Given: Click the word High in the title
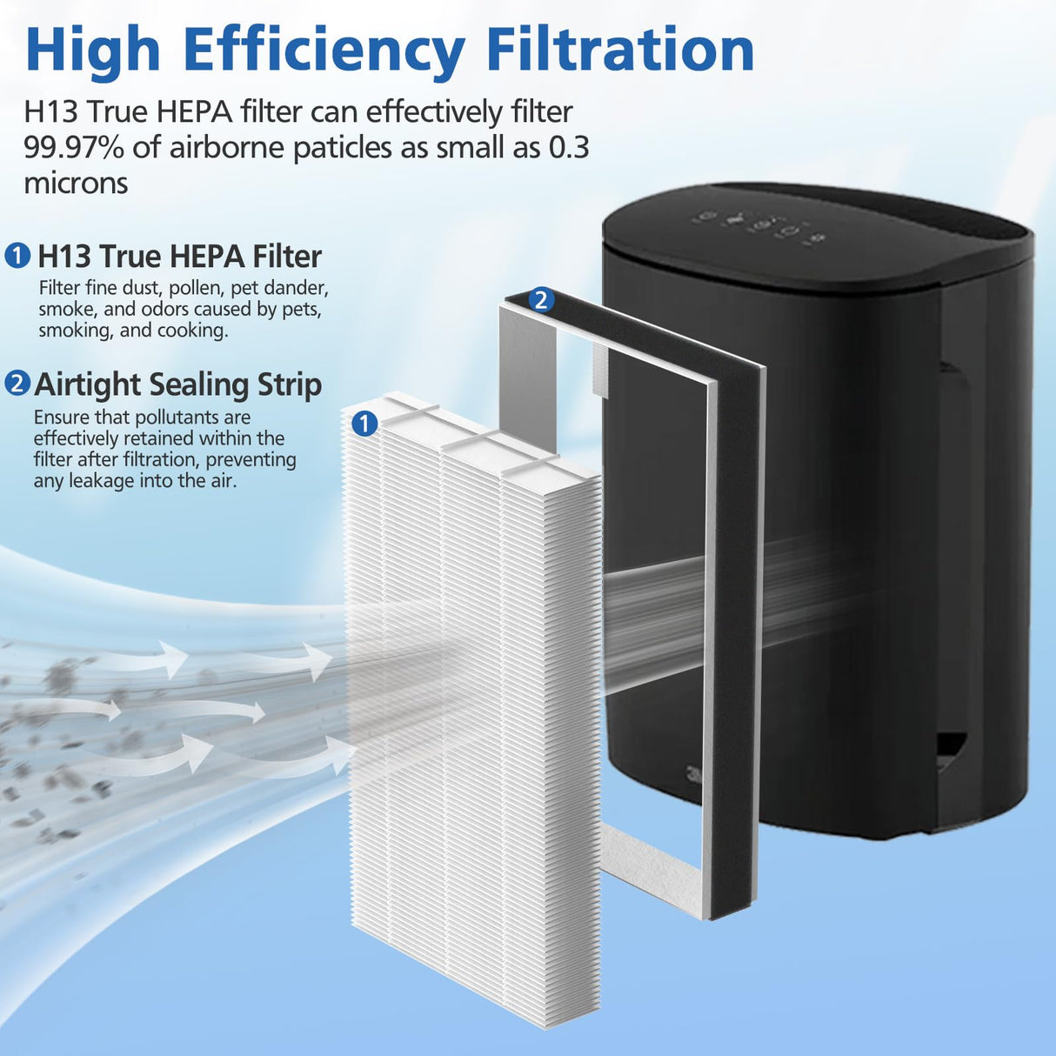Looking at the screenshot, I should coord(93,50).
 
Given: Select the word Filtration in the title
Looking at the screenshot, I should coord(619,49).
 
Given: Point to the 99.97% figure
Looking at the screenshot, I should coord(74,148).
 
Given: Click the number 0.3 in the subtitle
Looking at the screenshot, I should coord(569,148).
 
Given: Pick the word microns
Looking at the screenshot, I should coord(76,183).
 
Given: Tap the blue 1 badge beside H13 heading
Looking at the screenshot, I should coord(17,257).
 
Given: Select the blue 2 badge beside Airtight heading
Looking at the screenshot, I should coord(17,384).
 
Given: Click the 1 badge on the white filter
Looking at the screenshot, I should coord(364,424).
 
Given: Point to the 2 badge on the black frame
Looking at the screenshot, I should coord(541,300).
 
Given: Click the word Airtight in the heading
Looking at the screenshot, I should coord(87,384).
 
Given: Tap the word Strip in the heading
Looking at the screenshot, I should coord(289,384).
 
